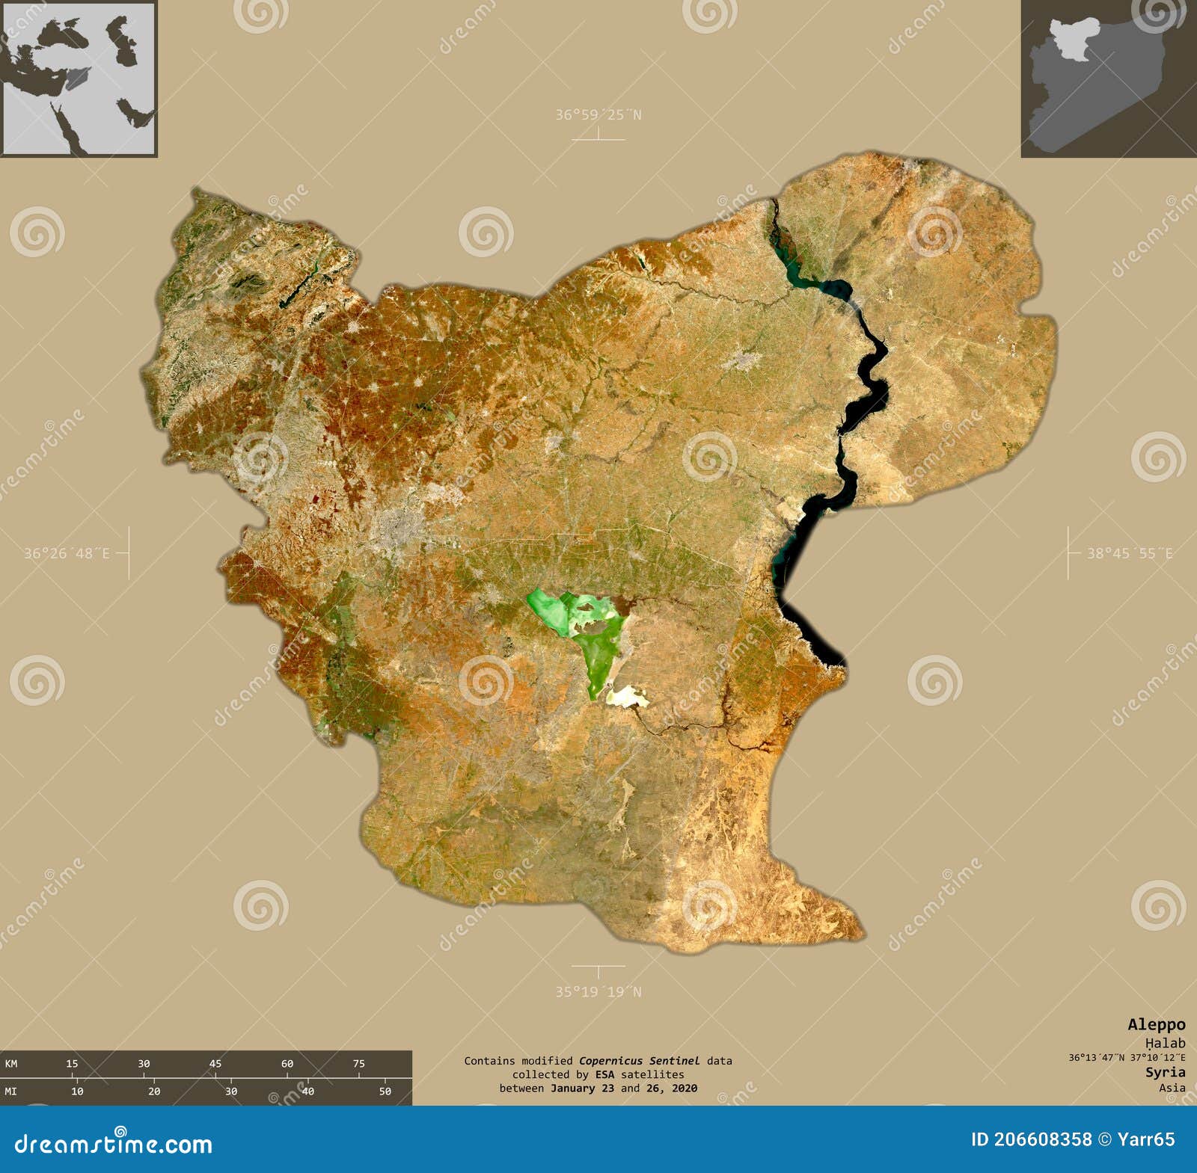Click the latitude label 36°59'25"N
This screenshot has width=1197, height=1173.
598,115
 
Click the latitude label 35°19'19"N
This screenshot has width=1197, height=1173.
598,991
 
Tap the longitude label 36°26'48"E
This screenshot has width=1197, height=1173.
67,553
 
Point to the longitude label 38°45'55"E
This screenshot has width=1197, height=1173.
1130,553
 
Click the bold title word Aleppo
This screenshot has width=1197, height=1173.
1156,1024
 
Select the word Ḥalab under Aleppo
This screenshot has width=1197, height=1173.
1165,1042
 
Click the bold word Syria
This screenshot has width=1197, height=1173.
1165,1072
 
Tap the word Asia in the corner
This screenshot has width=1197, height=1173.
1172,1088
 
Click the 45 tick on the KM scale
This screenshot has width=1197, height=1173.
215,1064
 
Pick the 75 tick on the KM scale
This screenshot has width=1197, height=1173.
359,1064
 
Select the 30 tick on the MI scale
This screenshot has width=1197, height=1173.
231,1092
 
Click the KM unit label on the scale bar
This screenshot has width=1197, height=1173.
11,1064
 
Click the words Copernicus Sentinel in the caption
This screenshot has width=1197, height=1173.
640,1060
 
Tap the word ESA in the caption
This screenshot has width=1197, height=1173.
604,1074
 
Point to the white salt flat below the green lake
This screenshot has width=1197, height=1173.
627,698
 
